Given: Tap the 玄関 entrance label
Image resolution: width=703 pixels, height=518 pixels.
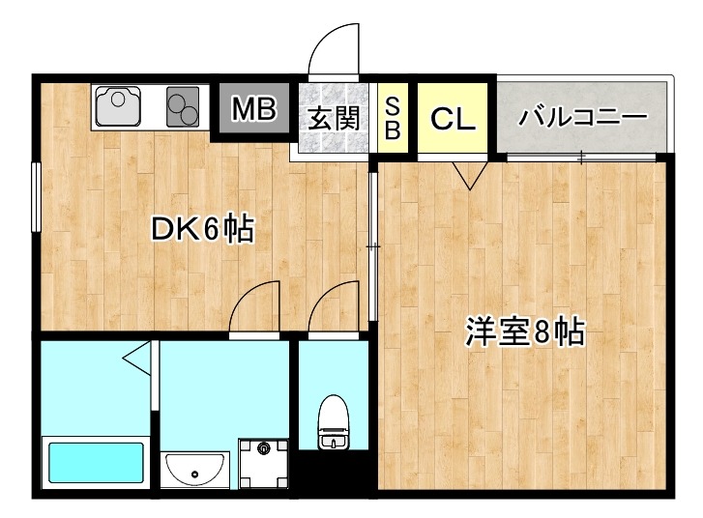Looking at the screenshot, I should click(x=335, y=118).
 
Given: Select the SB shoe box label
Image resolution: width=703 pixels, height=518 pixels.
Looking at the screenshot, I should click(x=394, y=118).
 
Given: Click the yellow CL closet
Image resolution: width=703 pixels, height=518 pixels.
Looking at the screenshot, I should click(x=453, y=119).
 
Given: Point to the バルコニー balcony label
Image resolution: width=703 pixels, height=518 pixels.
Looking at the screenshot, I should click(x=582, y=118).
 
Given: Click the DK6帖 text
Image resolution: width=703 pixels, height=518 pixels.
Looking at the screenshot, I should click(x=202, y=229).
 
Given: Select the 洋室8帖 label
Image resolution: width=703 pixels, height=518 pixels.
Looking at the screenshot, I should click(x=524, y=332).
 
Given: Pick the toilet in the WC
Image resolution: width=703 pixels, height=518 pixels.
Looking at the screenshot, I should click(x=332, y=422).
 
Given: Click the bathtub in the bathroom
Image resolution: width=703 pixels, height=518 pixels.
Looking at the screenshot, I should click(x=96, y=463).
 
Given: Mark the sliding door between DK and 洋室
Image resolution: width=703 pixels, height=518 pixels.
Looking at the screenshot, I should click(x=374, y=246).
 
